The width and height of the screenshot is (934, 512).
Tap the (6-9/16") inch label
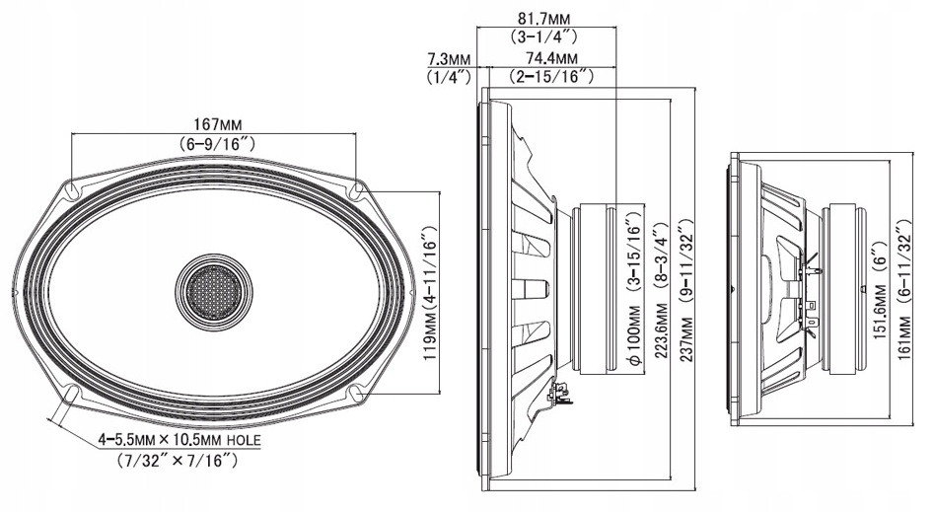pos(216,144)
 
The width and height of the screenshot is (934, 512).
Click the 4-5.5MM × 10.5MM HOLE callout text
pos(179,439)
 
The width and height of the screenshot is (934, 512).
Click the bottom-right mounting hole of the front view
pos(357,396)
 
